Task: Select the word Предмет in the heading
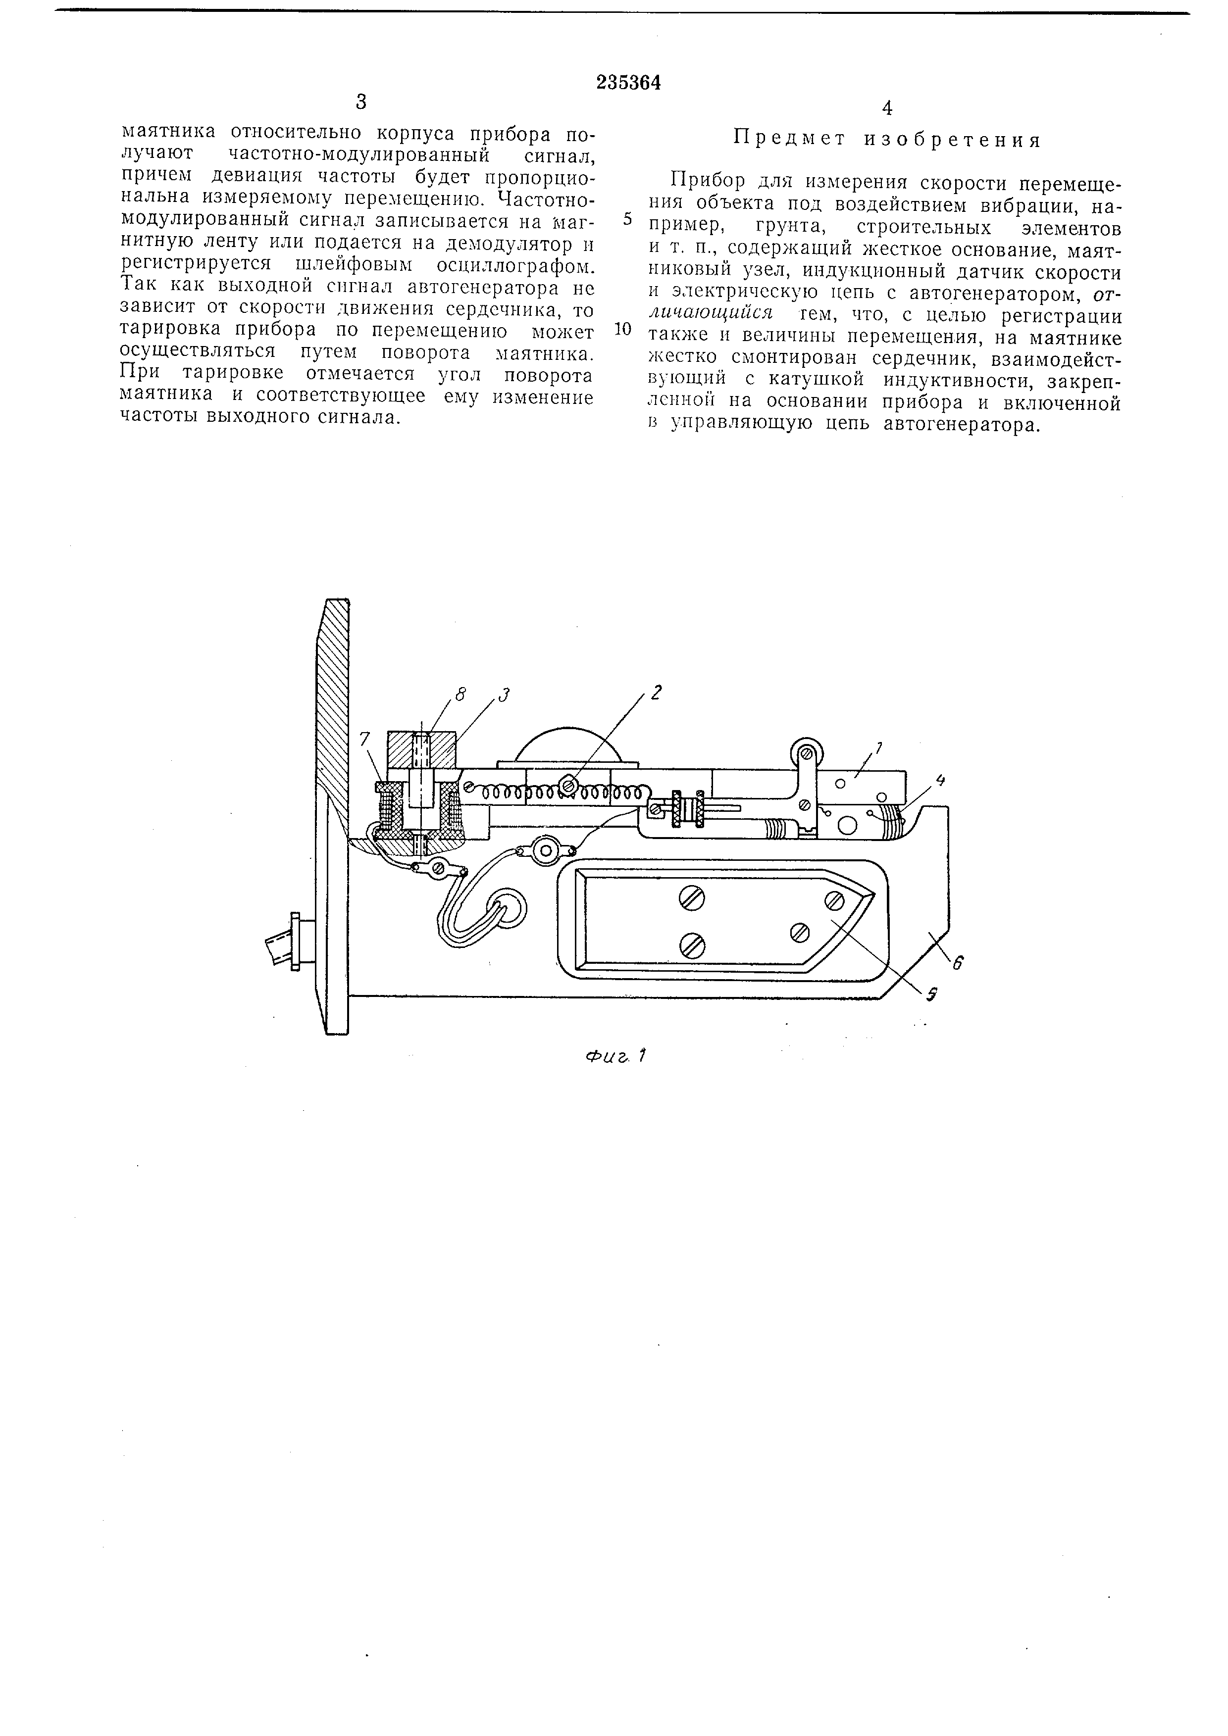[790, 140]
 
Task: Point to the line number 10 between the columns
[623, 330]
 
